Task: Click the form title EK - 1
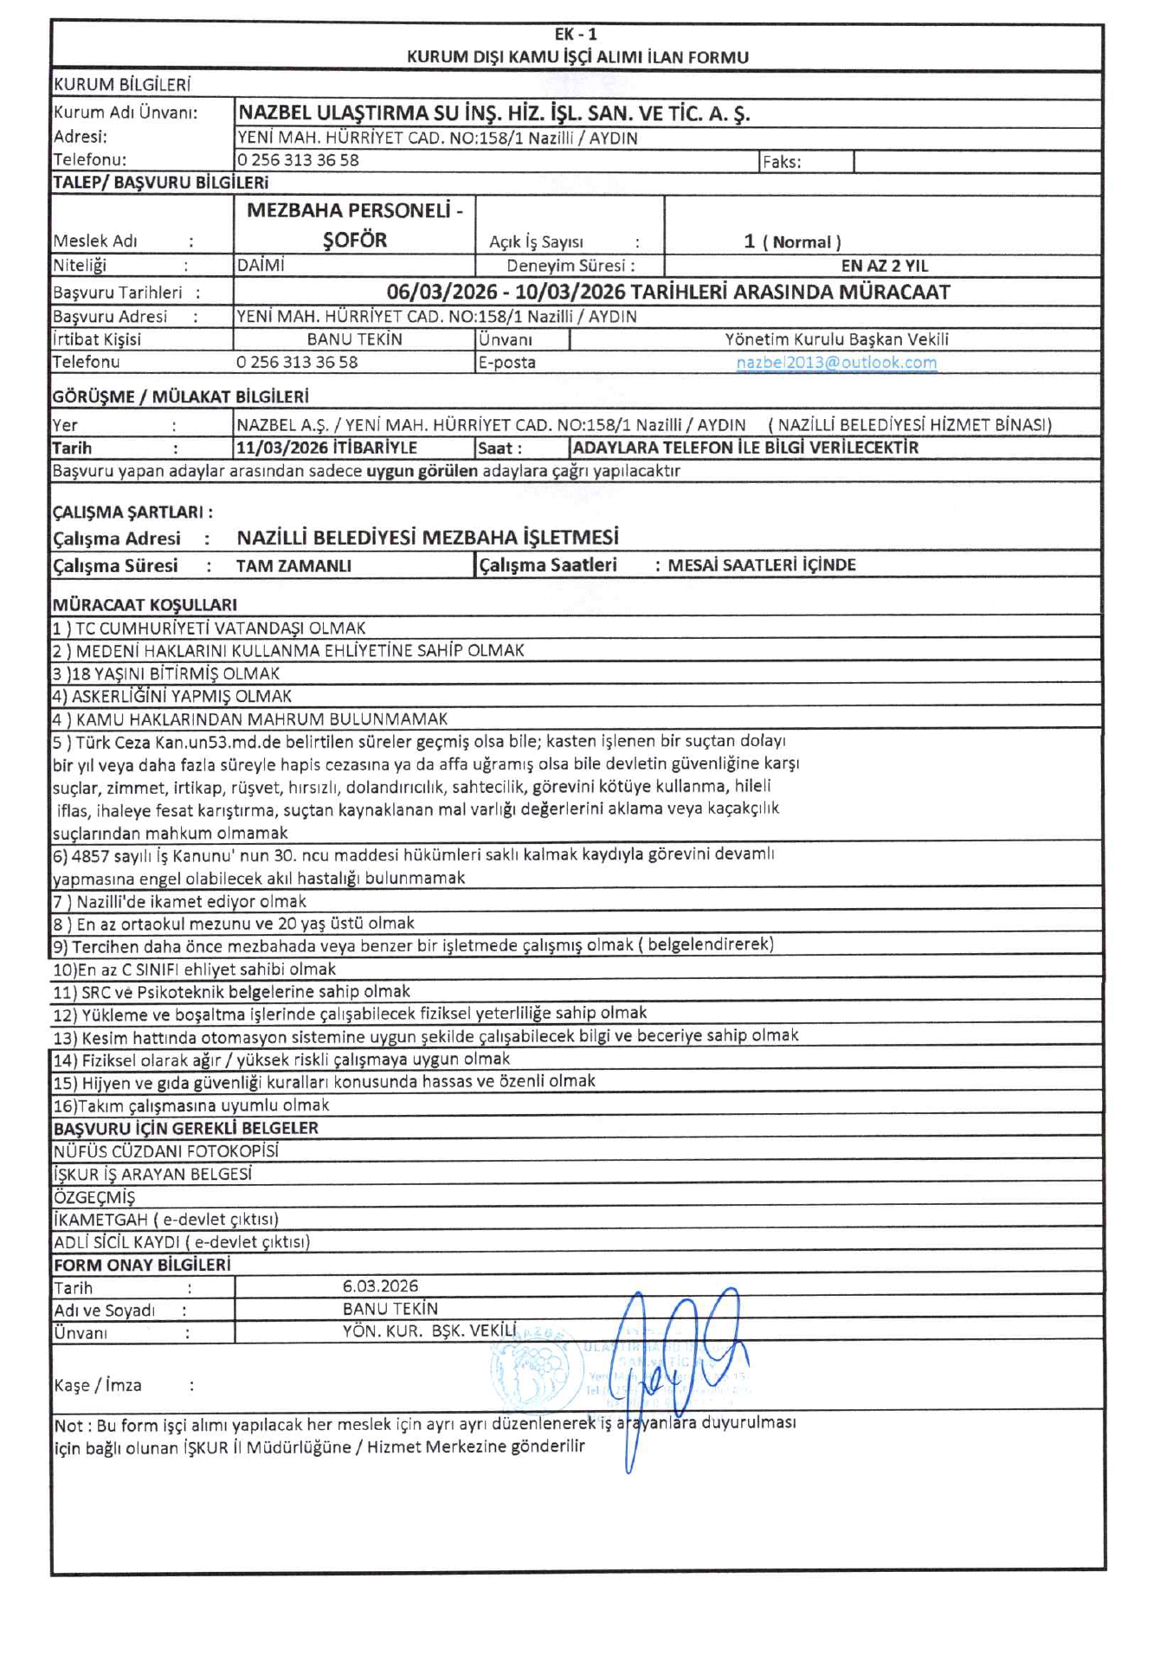click(576, 35)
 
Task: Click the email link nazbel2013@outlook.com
click(836, 363)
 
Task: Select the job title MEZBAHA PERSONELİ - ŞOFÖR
click(354, 224)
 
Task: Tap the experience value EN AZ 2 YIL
click(884, 266)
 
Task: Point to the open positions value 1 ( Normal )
click(792, 242)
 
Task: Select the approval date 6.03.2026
click(380, 1286)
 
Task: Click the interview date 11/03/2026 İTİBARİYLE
click(326, 448)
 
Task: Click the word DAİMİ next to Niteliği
click(261, 266)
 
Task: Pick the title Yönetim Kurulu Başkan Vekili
click(836, 339)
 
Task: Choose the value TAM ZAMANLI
click(293, 566)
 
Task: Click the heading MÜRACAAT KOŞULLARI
click(145, 604)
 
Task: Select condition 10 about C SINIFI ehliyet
click(195, 969)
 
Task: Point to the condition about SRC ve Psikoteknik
click(231, 992)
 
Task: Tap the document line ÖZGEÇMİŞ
click(94, 1197)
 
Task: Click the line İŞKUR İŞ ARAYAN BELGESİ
click(152, 1175)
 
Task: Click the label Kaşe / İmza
click(97, 1385)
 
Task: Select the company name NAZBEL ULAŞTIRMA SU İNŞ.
click(493, 113)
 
